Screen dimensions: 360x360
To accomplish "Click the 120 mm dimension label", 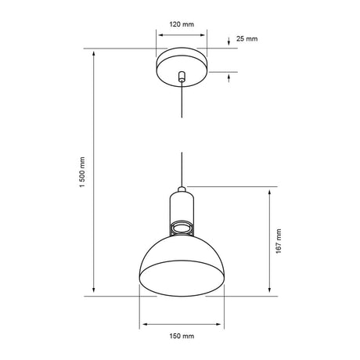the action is tap(182, 24).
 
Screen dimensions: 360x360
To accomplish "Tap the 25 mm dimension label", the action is tap(247, 38).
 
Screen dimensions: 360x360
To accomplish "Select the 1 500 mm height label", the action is tap(82, 172).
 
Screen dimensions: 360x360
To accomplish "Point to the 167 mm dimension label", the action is tap(279, 241).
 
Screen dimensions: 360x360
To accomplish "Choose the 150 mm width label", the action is tap(182, 336).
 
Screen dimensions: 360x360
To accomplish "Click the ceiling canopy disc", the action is tap(182, 67).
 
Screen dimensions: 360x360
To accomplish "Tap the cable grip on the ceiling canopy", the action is tap(182, 77).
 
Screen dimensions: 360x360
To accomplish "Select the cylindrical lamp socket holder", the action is tap(182, 207).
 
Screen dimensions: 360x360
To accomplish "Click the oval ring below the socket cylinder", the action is tap(182, 227).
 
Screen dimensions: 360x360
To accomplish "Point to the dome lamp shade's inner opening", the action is tap(182, 279).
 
